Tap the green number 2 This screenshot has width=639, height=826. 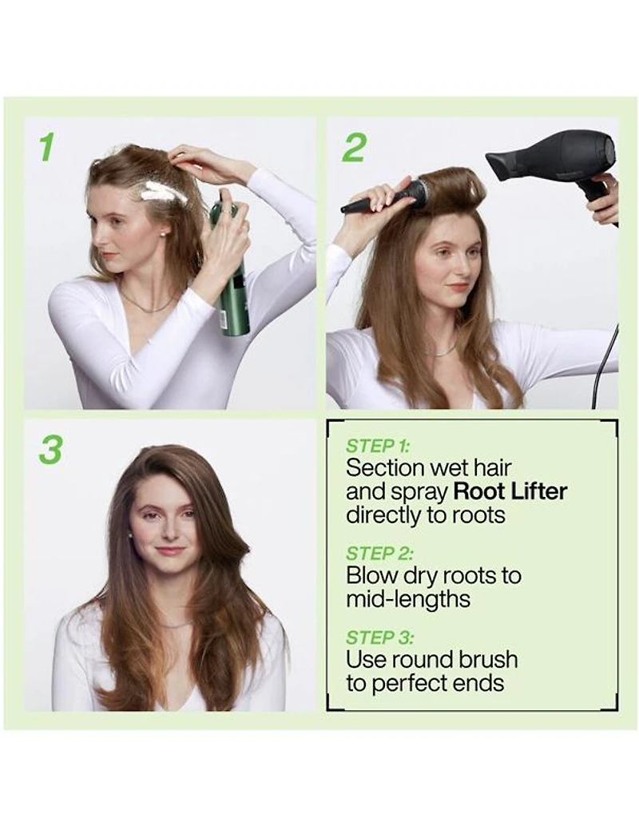click(x=353, y=147)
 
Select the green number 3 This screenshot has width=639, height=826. click(x=50, y=450)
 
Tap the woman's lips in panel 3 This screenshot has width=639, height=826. click(x=169, y=550)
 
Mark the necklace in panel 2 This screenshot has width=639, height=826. click(x=440, y=351)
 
